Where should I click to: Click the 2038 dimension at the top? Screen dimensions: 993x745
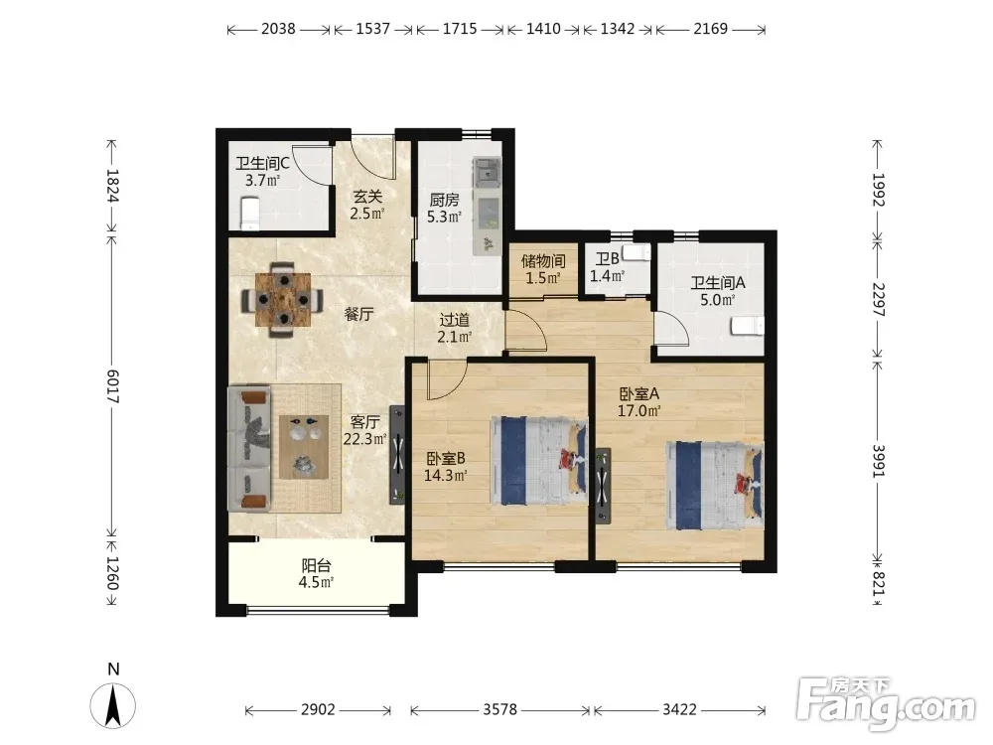point(279,29)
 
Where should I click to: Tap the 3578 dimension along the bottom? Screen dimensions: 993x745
point(500,709)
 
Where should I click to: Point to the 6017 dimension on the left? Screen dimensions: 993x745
point(113,386)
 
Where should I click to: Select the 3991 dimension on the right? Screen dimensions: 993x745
point(878,461)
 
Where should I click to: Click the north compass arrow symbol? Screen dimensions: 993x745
point(113,705)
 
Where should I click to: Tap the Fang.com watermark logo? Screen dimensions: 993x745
point(886,703)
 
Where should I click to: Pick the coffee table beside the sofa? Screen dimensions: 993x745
point(304,447)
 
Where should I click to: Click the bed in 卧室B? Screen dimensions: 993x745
point(539,460)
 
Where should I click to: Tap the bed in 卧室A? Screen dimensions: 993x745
point(714,486)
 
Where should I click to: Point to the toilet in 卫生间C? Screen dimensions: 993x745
point(249,214)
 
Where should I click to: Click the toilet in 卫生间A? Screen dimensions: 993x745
point(748,326)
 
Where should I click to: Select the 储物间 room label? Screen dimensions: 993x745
point(543,261)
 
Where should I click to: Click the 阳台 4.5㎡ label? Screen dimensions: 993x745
point(316,573)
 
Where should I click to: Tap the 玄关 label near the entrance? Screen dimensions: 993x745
point(368,197)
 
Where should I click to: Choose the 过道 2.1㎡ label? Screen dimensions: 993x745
point(455,328)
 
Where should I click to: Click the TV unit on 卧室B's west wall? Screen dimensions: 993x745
point(397,454)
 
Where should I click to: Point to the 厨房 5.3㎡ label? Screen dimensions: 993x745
point(444,209)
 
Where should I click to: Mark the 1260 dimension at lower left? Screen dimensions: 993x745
point(113,573)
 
